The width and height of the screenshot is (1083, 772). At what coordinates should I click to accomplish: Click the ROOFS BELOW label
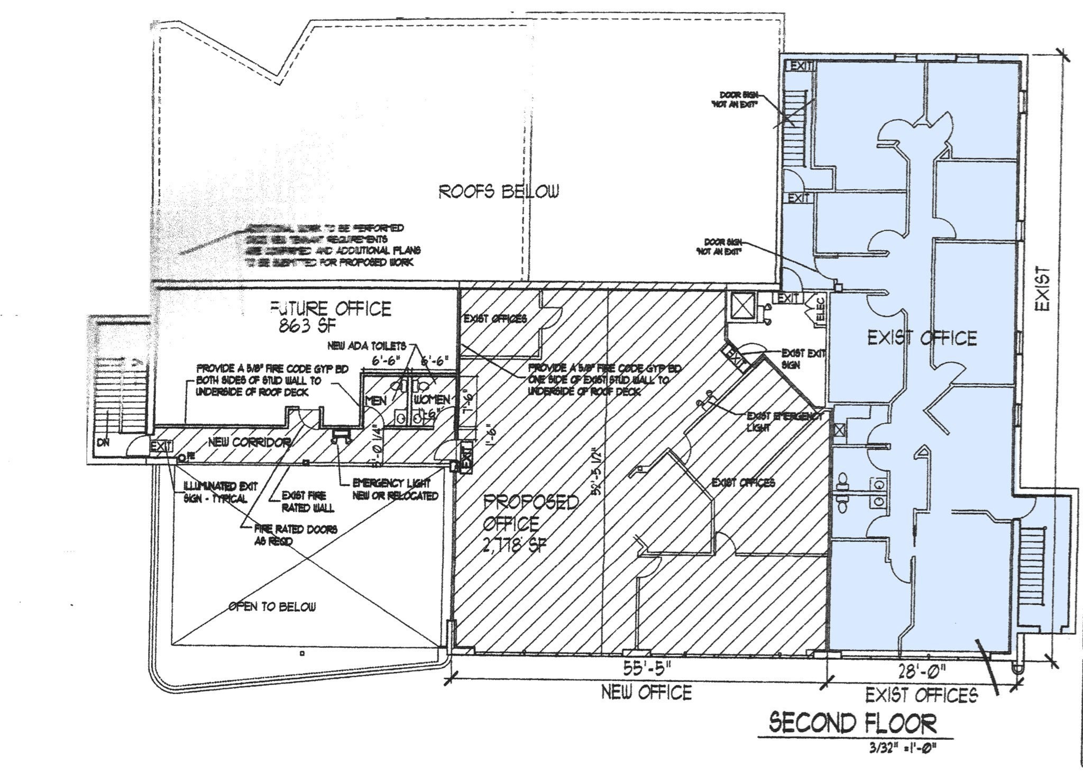click(498, 191)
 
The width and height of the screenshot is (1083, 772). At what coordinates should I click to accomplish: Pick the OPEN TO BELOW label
click(272, 606)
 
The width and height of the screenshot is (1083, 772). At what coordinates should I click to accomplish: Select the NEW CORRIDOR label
click(249, 442)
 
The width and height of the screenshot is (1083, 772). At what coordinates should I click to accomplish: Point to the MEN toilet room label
click(376, 401)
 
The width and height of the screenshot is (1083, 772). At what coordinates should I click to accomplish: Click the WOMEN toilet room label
click(432, 399)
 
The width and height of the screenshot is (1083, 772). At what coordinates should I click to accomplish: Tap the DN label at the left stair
click(103, 442)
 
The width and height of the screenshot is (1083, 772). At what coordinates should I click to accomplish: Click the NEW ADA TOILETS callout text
click(366, 346)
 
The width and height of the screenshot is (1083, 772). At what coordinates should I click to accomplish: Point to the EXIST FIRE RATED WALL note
click(308, 502)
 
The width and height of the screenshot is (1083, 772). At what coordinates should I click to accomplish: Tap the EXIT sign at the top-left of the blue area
click(801, 66)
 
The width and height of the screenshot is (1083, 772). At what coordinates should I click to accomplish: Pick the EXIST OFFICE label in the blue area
click(922, 338)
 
